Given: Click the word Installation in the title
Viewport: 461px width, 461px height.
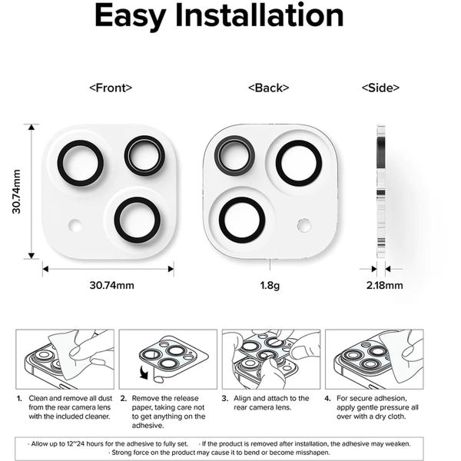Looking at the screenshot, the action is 260,15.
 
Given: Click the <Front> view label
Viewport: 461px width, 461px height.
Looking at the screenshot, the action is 111,88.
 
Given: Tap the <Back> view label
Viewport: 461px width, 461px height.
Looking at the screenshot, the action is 269,88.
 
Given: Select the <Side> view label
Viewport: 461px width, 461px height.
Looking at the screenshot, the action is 380,88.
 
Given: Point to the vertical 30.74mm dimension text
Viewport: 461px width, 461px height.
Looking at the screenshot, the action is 16,191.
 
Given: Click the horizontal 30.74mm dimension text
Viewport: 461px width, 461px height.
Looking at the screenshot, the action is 111,285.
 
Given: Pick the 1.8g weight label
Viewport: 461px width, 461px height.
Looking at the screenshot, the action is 270,286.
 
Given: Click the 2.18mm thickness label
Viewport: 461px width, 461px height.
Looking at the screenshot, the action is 385,285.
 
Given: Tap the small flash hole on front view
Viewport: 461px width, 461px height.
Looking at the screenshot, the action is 75,225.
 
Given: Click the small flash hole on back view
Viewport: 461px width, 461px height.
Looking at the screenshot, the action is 304,225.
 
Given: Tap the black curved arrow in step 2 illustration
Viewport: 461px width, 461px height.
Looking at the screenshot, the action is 144,373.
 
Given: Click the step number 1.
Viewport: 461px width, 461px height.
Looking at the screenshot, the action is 19,399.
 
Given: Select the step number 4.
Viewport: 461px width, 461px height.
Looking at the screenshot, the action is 328,399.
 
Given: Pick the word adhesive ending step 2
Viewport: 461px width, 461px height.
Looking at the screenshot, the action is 148,426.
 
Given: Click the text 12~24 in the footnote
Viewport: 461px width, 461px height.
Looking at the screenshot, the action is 75,443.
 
